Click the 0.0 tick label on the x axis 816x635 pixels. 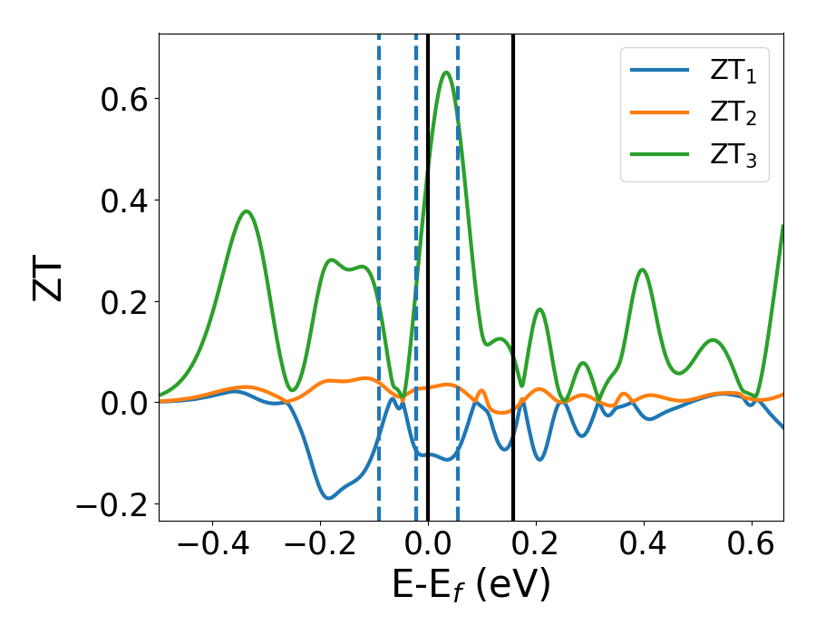click(x=428, y=547)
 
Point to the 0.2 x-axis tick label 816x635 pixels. click(x=536, y=547)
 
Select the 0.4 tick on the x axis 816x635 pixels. click(x=644, y=547)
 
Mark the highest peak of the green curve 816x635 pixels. click(x=446, y=73)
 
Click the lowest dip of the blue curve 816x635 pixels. click(x=328, y=498)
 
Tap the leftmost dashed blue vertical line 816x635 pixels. click(x=379, y=272)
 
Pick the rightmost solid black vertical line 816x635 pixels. click(x=513, y=272)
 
